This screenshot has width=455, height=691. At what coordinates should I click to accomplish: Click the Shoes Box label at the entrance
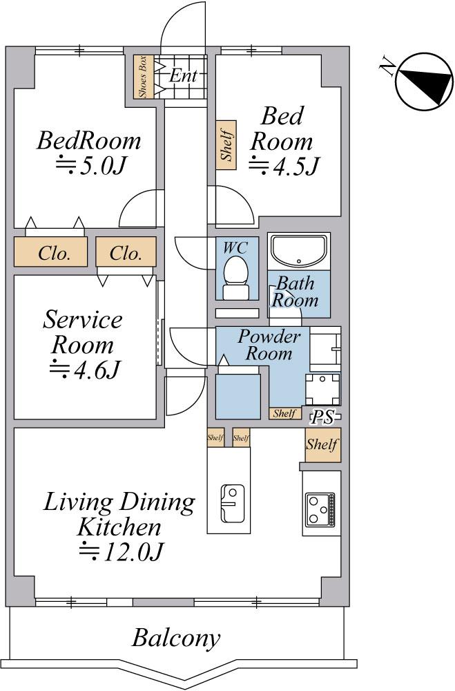coord(144,77)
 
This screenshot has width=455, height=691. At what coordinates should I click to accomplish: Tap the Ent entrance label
coord(183,75)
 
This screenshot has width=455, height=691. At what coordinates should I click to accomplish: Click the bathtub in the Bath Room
coord(299,252)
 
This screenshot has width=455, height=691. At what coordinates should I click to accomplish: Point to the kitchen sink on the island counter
coord(232,503)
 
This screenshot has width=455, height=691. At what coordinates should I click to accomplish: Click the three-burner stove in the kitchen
coord(322,509)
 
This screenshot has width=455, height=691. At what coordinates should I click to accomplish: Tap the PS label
coord(323,417)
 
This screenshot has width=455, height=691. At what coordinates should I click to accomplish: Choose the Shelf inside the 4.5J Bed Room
coord(226,144)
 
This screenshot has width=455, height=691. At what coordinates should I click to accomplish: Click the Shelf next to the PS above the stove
coord(323,444)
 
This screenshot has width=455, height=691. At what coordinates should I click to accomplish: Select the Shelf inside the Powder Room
coord(284,413)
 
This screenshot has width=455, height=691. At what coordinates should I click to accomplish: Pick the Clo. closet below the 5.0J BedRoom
coord(50,252)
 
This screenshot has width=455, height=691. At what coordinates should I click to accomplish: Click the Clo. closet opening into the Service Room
coord(126,252)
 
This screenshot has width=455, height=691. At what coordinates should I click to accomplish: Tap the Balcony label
coord(176,638)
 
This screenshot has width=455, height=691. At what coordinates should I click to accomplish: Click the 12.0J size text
coord(121,551)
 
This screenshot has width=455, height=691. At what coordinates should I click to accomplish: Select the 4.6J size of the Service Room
coord(84,369)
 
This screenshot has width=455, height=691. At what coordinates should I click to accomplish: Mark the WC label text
coord(235,247)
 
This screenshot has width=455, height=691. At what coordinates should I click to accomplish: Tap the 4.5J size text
coord(284,166)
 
